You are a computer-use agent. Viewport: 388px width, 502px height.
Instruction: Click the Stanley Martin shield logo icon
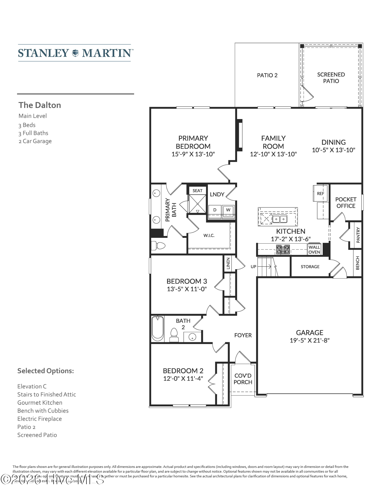[75, 53]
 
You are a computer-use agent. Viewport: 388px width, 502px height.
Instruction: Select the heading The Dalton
[40, 105]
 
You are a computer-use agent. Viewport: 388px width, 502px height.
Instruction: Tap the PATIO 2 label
[267, 75]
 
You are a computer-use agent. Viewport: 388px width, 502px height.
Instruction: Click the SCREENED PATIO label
[331, 78]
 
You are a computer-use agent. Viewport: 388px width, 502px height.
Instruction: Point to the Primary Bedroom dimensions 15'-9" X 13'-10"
[193, 154]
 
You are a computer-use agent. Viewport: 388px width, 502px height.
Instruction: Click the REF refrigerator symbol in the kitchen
[320, 193]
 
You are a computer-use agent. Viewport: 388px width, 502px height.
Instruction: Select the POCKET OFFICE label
[346, 202]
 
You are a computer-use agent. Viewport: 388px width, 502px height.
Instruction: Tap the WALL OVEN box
[314, 250]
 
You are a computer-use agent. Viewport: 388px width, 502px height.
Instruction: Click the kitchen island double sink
[280, 219]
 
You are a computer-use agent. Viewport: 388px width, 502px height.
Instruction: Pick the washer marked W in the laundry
[228, 210]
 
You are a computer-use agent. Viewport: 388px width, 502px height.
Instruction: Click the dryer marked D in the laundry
[215, 210]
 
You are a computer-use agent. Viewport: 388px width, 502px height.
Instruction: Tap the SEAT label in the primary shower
[197, 191]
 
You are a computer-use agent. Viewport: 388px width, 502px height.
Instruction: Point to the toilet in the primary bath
[158, 245]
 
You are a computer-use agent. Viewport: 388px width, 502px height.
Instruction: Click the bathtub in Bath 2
[157, 328]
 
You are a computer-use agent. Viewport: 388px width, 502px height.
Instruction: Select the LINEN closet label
[228, 263]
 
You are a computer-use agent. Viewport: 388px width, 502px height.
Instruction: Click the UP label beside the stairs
[253, 266]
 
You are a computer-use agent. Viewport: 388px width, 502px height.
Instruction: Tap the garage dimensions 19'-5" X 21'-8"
[309, 340]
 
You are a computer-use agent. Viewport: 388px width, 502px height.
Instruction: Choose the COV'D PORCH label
[243, 379]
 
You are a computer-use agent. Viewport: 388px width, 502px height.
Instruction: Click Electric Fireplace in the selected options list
[39, 419]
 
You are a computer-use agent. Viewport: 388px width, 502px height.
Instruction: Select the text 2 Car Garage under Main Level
[35, 141]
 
